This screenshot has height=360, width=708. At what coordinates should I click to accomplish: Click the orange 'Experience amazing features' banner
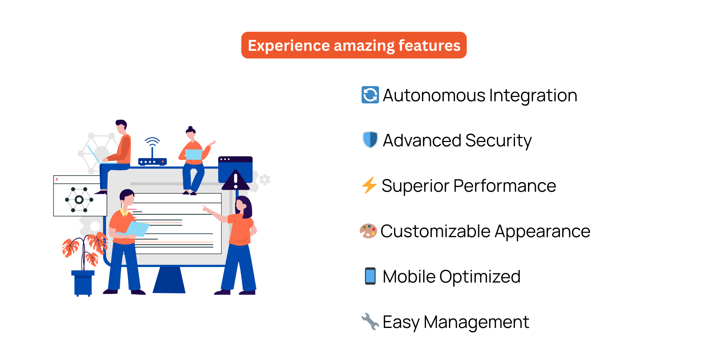(x=354, y=45)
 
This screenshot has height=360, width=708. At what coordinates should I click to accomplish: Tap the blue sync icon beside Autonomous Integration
(x=370, y=95)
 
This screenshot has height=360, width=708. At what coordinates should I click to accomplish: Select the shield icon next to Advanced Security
(x=370, y=140)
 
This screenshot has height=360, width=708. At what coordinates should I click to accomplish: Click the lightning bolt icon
(x=369, y=185)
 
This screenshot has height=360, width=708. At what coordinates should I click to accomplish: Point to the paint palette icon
(x=368, y=231)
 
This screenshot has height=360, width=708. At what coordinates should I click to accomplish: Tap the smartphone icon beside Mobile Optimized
(x=370, y=276)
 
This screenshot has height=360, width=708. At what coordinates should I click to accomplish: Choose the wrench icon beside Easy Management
(x=370, y=321)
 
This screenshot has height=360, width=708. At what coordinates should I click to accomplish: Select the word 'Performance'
(x=505, y=186)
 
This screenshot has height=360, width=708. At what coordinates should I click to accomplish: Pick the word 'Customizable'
(x=435, y=231)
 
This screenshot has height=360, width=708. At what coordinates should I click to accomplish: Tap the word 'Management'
(x=476, y=322)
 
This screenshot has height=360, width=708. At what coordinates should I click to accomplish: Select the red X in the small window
(x=57, y=179)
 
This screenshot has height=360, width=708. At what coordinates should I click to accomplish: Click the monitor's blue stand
(x=169, y=280)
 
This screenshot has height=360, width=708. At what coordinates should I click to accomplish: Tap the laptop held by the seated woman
(x=194, y=155)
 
